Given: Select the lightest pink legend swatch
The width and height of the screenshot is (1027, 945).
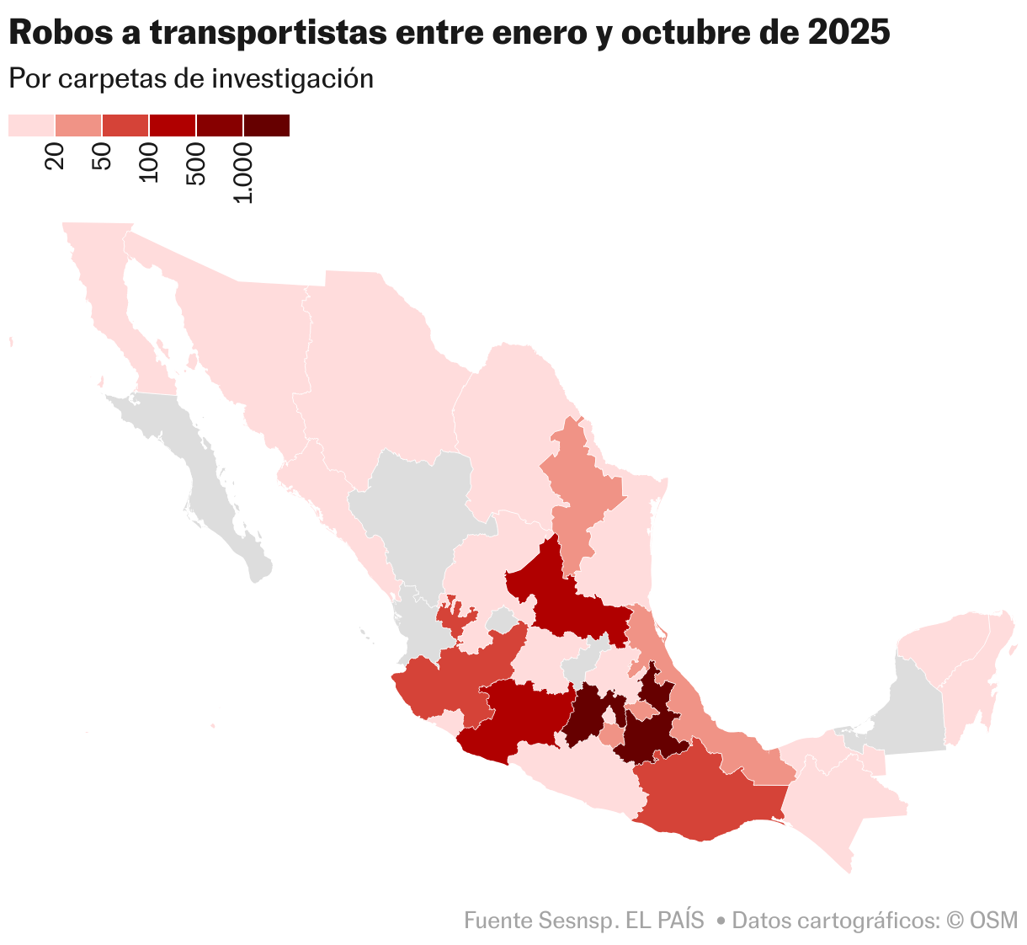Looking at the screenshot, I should click(x=31, y=125).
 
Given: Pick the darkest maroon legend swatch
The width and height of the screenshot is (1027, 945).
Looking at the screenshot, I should click(x=266, y=125).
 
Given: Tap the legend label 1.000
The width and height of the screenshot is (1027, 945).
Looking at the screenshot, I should click(x=243, y=173).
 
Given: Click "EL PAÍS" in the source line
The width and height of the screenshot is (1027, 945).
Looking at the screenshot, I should click(x=664, y=920).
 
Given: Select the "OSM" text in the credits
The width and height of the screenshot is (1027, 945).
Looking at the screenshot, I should click(x=993, y=920).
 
